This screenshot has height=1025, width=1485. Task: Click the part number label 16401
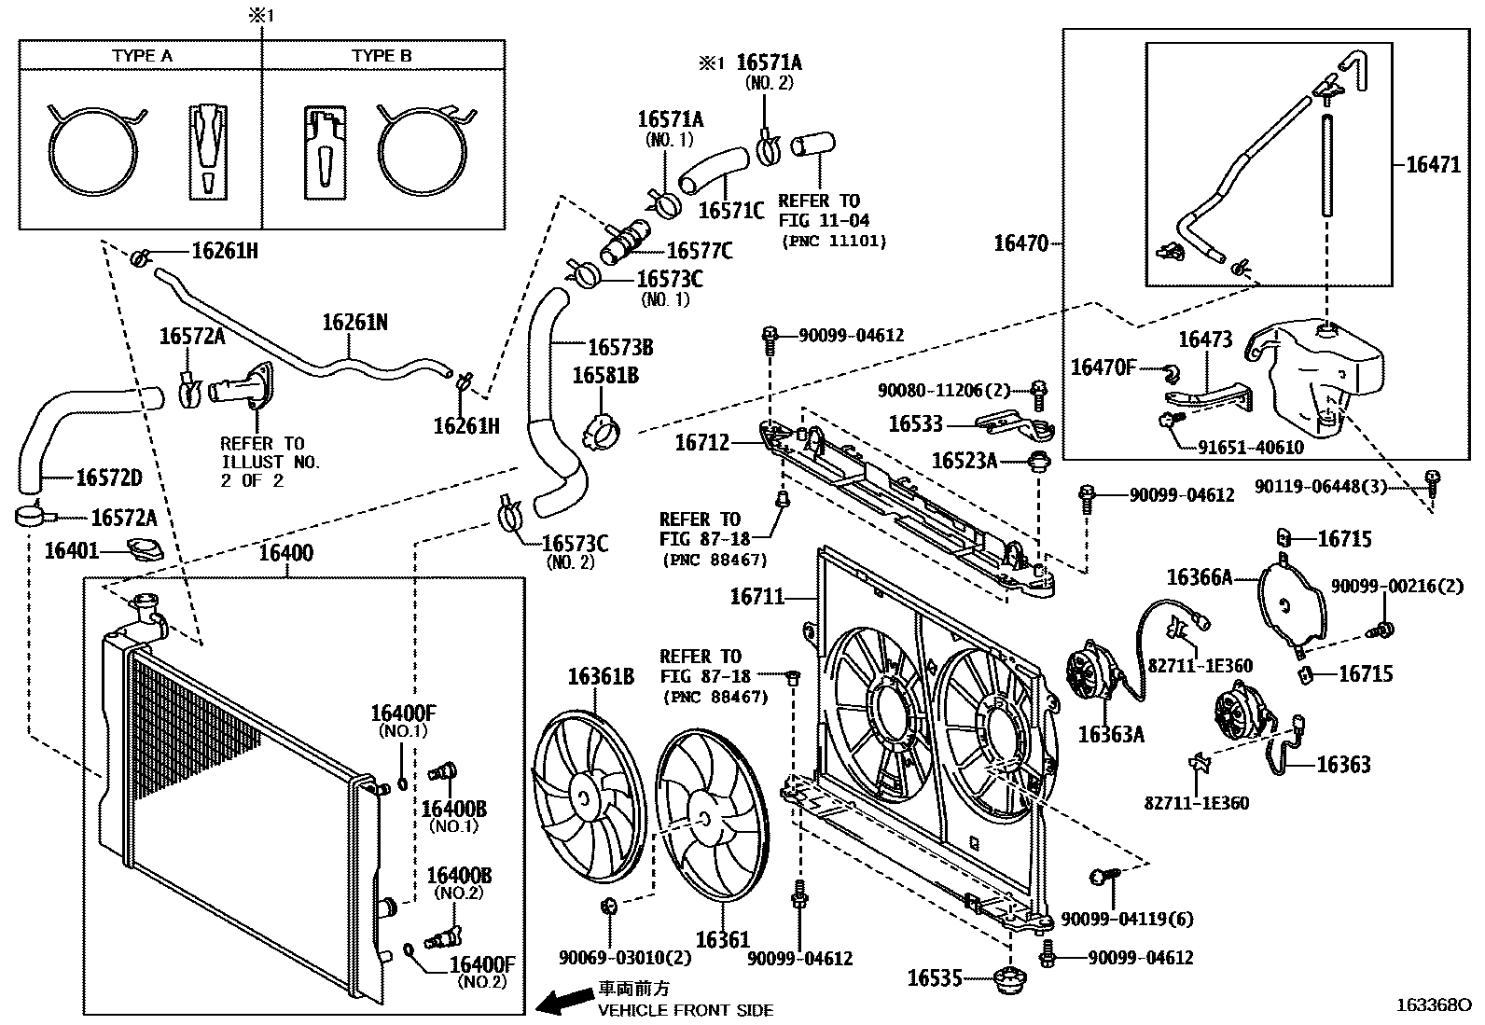[72, 551]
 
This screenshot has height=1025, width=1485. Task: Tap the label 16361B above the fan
[601, 676]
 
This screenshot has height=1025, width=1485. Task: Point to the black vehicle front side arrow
[564, 1002]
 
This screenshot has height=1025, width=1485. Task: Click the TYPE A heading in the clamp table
[142, 56]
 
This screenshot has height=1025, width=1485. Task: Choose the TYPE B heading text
[382, 56]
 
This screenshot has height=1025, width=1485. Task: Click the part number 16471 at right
[1433, 165]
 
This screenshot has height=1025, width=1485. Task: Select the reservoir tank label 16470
[1021, 243]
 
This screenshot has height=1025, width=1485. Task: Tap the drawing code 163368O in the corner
[1433, 1005]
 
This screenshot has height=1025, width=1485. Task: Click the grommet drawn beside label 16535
[1011, 979]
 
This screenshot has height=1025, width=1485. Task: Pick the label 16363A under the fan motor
[1111, 734]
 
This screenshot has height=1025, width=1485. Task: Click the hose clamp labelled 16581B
[600, 432]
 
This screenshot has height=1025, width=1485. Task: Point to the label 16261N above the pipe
[354, 323]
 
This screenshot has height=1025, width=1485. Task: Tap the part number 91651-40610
[1251, 448]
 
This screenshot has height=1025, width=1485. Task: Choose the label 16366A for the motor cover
[1199, 578]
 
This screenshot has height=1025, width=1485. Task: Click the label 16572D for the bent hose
[109, 478]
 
